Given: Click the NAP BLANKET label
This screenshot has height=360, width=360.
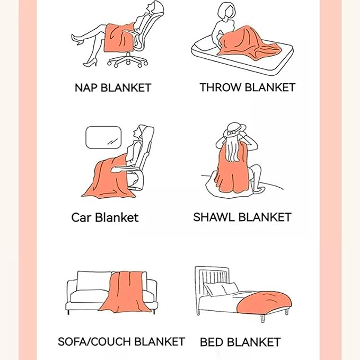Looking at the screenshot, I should pos(113,88).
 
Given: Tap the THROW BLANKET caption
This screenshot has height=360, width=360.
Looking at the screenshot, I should pos(247,87).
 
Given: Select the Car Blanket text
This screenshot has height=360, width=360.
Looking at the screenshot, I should pos(104,217).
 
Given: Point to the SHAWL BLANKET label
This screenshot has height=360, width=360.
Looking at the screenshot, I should pos(242,217).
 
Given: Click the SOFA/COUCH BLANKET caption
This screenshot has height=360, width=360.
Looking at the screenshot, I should pos(121,341).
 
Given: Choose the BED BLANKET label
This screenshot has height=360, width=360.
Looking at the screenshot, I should pos(240,342).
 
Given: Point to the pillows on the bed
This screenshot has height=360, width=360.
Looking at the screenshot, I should pos(221,289).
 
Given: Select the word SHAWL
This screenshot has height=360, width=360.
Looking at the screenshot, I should pos(214,217).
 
